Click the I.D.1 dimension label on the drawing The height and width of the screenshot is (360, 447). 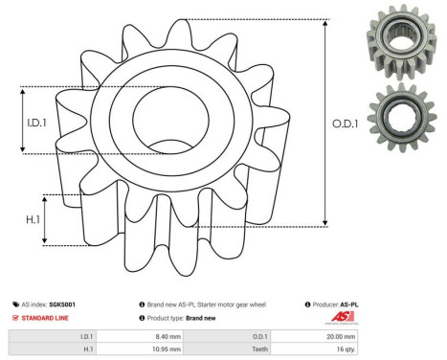(35, 121)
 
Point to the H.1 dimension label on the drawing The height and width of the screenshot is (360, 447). (32, 219)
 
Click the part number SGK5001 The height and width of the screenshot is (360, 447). (64, 304)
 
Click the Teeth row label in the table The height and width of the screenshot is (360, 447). (257, 350)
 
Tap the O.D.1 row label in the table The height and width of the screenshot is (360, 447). (257, 336)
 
